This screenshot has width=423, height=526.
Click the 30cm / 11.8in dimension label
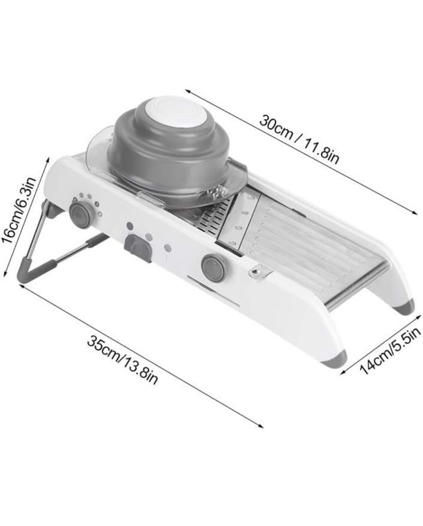298,139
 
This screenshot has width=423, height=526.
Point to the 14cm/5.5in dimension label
390,350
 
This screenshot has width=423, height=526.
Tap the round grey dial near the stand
80,213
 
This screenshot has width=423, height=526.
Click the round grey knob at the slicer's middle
213,268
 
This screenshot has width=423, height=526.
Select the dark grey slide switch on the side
138,248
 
